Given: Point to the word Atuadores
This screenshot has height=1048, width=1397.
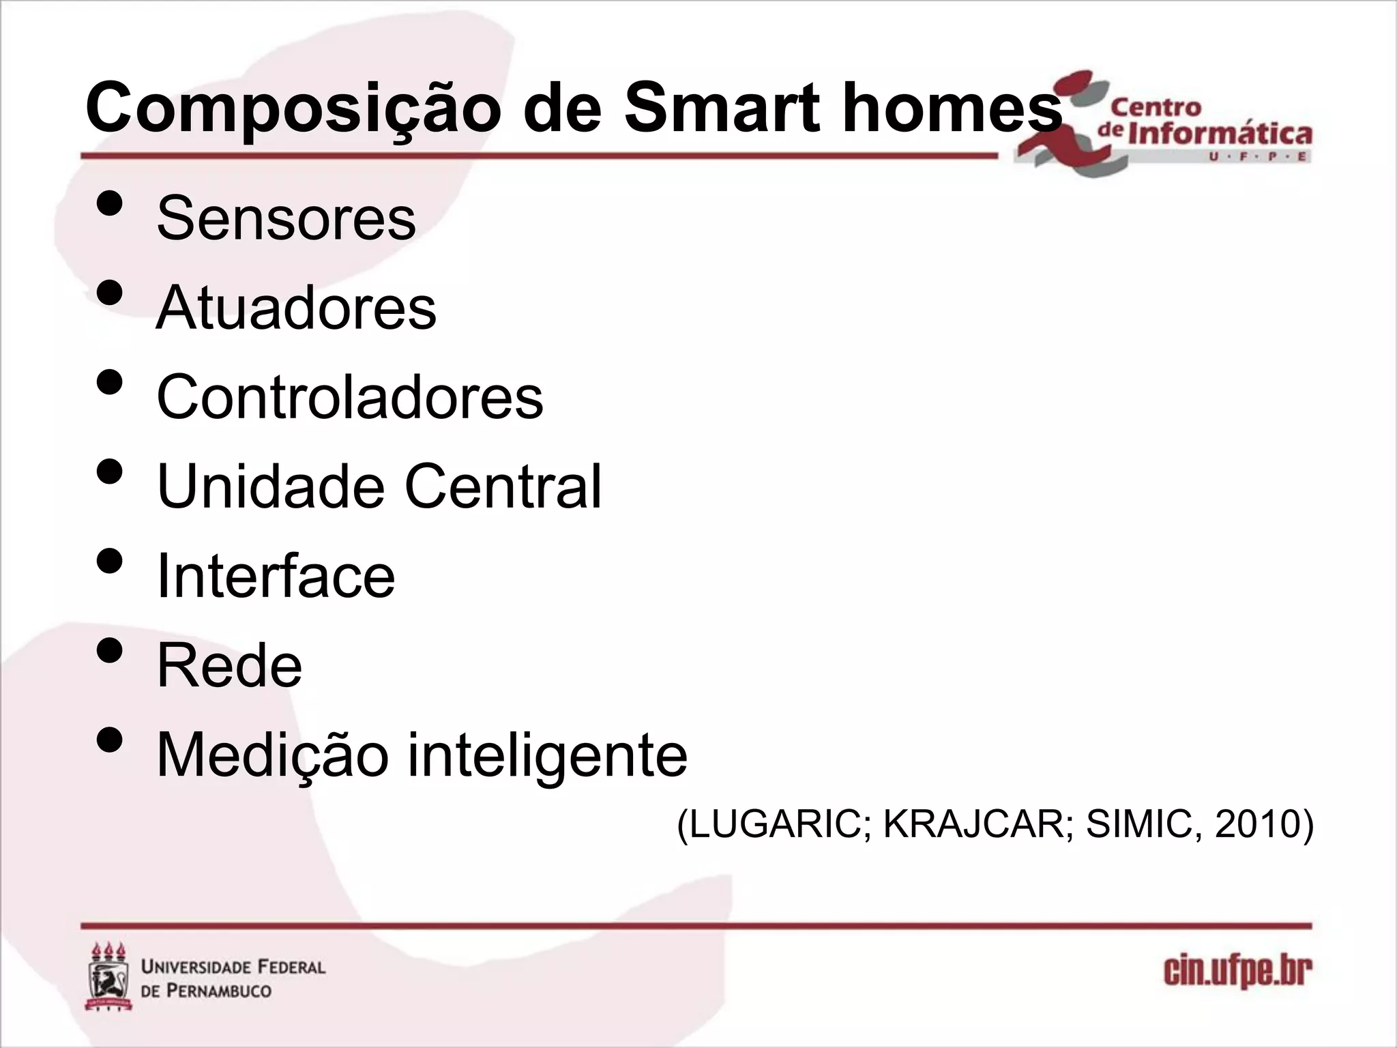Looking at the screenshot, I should click(x=296, y=308).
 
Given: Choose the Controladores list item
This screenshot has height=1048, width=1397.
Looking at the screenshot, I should click(x=350, y=397).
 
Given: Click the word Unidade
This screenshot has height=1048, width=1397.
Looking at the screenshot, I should click(x=270, y=486).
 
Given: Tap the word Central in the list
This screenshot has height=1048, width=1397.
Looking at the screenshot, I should click(x=503, y=486).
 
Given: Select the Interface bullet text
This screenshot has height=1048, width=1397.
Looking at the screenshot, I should click(x=276, y=577).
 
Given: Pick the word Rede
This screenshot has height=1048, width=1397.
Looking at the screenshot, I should click(x=229, y=666).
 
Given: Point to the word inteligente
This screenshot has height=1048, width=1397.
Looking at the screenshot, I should click(x=548, y=755).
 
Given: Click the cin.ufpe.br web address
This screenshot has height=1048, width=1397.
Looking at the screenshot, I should click(x=1237, y=972).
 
